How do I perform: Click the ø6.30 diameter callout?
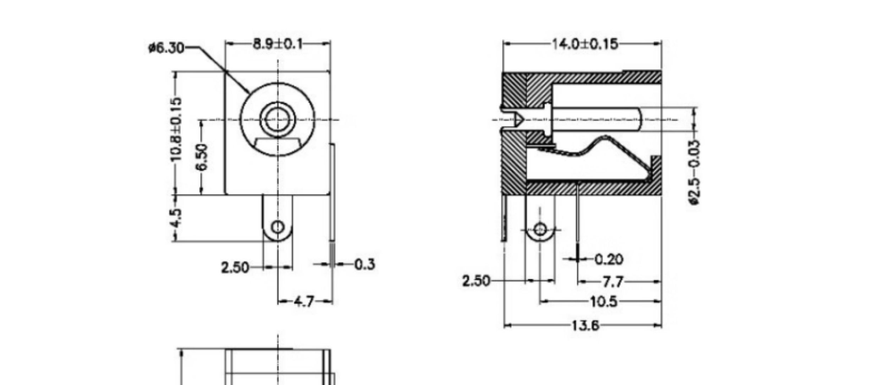[166, 48]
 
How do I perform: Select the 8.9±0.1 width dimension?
[278, 44]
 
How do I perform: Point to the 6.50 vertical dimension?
[202, 157]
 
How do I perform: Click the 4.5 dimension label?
[176, 218]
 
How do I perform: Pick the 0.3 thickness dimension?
[365, 264]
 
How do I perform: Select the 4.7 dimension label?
[304, 302]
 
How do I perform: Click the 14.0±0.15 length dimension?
[585, 44]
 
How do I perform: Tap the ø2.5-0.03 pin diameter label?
[694, 172]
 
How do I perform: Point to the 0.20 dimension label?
[609, 259]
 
